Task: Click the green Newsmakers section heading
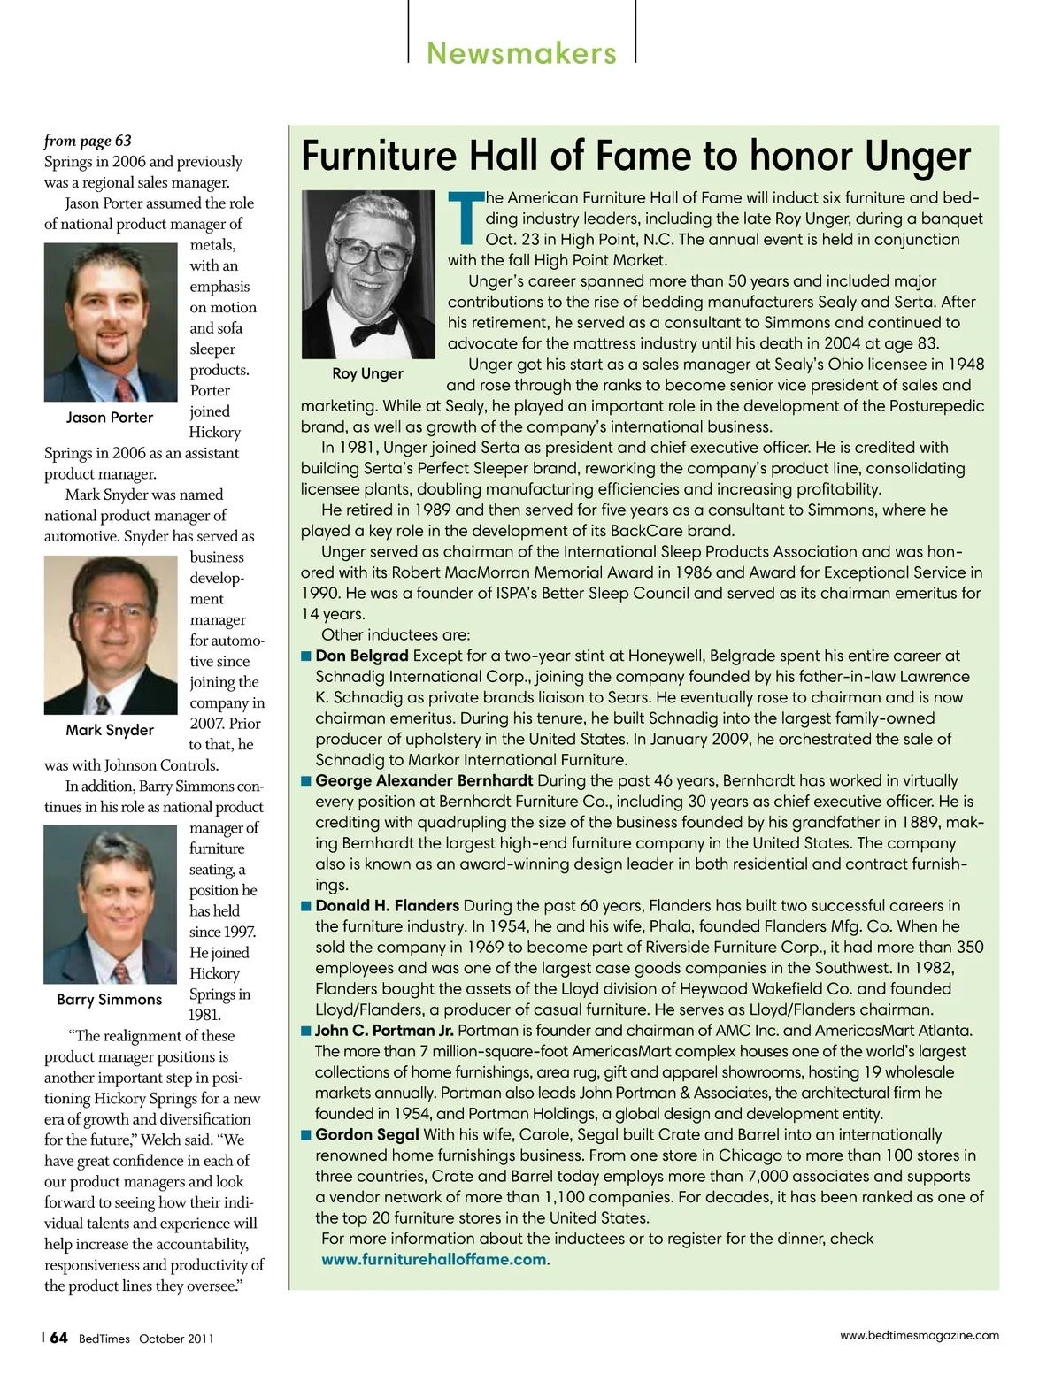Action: [x=521, y=53]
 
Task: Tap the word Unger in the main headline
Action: [x=918, y=156]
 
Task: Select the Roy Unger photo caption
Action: [x=367, y=373]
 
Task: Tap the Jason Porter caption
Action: [x=110, y=418]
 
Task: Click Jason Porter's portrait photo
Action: [x=111, y=322]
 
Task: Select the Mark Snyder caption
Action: [x=110, y=730]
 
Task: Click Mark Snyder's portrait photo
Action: [x=111, y=634]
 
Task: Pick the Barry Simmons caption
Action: [x=110, y=1000]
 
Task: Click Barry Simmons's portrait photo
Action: [x=111, y=904]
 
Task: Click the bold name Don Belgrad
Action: [x=362, y=656]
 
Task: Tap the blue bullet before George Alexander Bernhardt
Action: [x=306, y=781]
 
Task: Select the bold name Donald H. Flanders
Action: [x=387, y=905]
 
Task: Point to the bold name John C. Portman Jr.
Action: [x=384, y=1030]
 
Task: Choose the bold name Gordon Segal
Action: [x=367, y=1134]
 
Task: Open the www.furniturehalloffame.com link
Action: [x=434, y=1259]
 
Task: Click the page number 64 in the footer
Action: [x=58, y=1338]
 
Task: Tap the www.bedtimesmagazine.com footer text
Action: [x=919, y=1335]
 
